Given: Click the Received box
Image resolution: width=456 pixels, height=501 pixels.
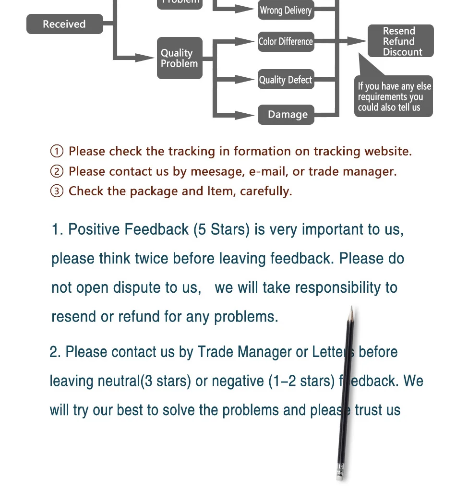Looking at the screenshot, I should (x=64, y=24).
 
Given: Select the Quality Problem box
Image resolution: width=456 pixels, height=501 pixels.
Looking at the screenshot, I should (x=180, y=58).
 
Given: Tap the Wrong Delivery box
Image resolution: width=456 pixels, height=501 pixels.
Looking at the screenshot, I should (x=286, y=11).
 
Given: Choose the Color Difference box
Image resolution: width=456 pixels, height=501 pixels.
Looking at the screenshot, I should (x=286, y=41).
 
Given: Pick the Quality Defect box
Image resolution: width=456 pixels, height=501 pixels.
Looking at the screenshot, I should (x=286, y=80).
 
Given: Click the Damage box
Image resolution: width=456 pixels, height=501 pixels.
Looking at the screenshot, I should (x=287, y=115).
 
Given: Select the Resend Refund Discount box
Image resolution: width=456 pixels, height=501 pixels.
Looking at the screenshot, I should (x=401, y=41).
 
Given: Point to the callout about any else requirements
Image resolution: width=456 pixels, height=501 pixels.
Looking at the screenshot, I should (x=394, y=96).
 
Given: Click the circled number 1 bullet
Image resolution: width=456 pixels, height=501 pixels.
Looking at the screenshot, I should (x=57, y=152).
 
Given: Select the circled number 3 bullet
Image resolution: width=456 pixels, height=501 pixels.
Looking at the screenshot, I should (x=57, y=191).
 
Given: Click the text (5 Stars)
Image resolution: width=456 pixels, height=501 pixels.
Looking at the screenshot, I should (x=221, y=229).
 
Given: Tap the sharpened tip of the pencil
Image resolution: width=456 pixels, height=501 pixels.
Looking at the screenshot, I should (x=352, y=309).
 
